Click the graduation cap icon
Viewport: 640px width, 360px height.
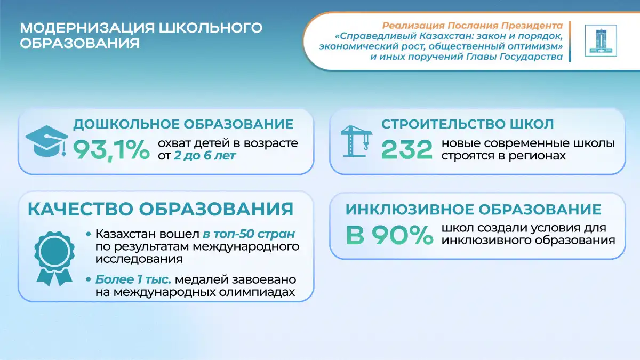[46, 141]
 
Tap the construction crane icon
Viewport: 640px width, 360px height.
[356, 141]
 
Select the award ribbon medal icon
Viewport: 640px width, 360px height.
[54, 258]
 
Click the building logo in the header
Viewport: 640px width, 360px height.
[601, 41]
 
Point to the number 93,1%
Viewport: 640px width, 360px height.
[111, 150]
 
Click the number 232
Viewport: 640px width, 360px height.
[407, 149]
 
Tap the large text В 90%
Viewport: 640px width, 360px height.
[389, 235]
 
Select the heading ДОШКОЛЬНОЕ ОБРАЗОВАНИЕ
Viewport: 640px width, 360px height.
[183, 124]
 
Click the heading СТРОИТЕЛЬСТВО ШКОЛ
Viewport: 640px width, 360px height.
[467, 124]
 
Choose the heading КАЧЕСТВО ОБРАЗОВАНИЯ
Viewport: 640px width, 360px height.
[161, 209]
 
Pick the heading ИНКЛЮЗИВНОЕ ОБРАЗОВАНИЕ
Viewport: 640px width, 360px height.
[474, 210]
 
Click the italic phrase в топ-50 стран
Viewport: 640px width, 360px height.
[249, 234]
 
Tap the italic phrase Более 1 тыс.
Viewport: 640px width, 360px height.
[133, 279]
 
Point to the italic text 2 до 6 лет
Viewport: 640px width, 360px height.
[205, 156]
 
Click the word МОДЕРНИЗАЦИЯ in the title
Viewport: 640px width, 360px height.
[87, 28]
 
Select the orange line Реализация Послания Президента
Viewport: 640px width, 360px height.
[473, 26]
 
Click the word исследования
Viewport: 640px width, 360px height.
[139, 259]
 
